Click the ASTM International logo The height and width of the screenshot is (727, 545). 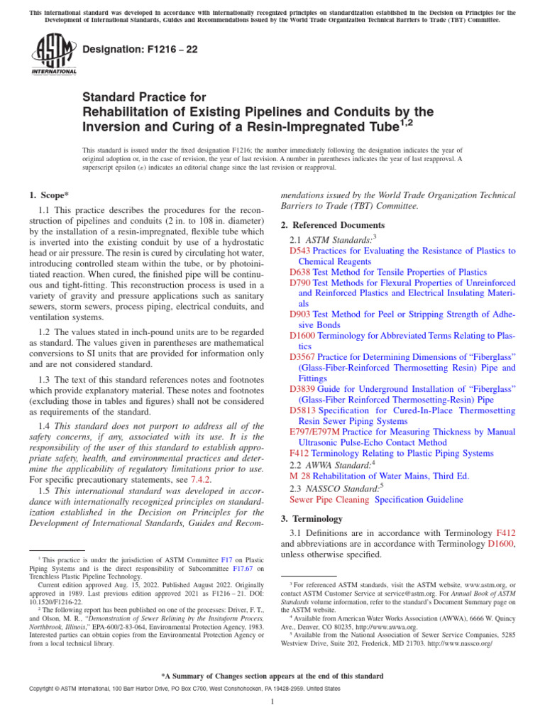coord(53,55)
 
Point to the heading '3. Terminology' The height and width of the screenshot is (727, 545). coord(312,518)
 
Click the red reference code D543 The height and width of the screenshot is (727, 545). coord(300,251)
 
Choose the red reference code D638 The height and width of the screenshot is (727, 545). coord(300,272)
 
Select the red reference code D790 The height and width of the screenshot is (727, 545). coord(300,283)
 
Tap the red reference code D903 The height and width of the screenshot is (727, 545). coord(300,313)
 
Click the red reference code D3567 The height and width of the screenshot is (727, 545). coord(303,357)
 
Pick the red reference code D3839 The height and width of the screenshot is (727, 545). coord(303,389)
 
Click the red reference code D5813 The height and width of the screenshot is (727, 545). coord(303,410)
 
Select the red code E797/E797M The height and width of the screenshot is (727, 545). coord(315,432)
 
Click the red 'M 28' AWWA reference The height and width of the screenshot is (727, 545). coord(300,476)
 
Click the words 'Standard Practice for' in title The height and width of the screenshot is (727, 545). coord(144,97)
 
